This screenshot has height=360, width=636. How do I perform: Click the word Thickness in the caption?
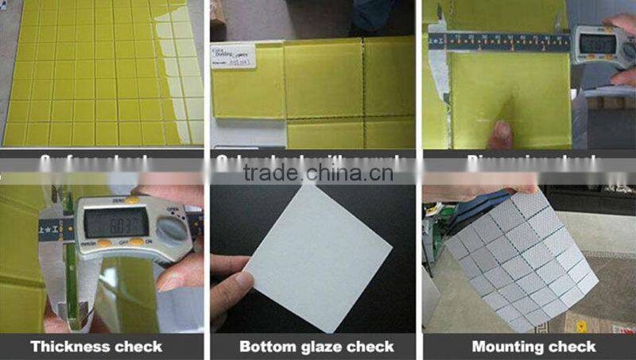(68, 346)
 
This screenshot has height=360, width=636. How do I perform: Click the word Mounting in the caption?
(506, 346)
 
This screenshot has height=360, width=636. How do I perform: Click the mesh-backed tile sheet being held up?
(525, 254)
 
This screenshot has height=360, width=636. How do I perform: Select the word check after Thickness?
(135, 346)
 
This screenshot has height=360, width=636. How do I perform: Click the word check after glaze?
(369, 346)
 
